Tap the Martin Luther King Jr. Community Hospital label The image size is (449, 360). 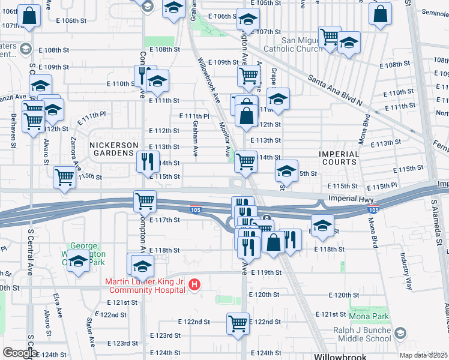[x=145, y=286]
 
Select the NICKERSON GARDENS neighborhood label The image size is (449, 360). [x=111, y=149]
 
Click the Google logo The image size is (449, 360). [x=20, y=353]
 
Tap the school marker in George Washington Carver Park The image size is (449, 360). [x=78, y=262]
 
